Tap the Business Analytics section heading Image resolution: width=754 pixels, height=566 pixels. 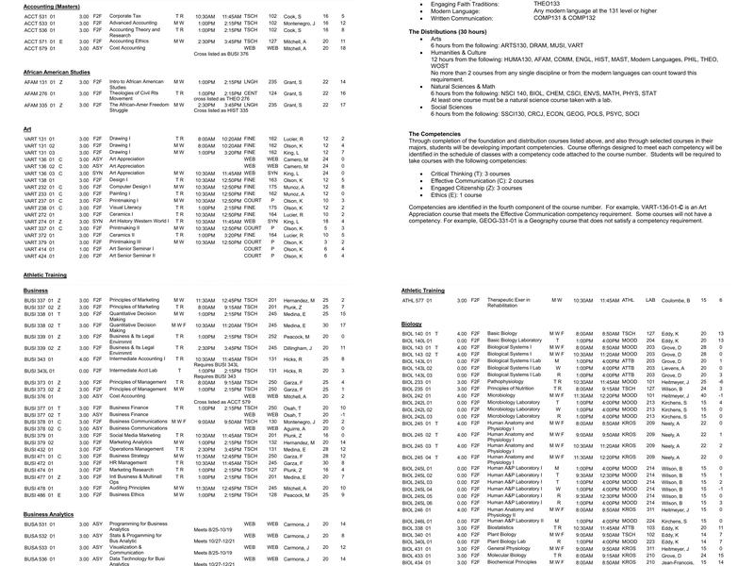click(x=49, y=513)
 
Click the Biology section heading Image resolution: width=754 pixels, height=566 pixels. click(x=412, y=324)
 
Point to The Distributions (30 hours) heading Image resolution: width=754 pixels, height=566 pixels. click(x=456, y=32)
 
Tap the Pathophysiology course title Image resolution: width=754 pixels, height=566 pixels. click(x=511, y=381)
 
